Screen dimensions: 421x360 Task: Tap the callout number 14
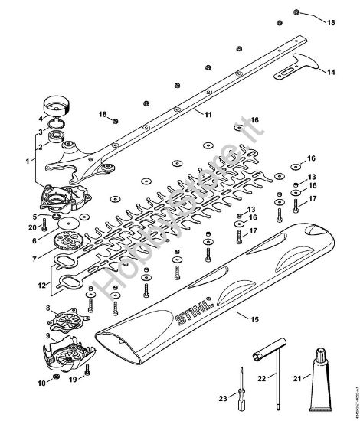tap(330, 72)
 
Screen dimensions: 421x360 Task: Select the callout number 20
tap(31, 227)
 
